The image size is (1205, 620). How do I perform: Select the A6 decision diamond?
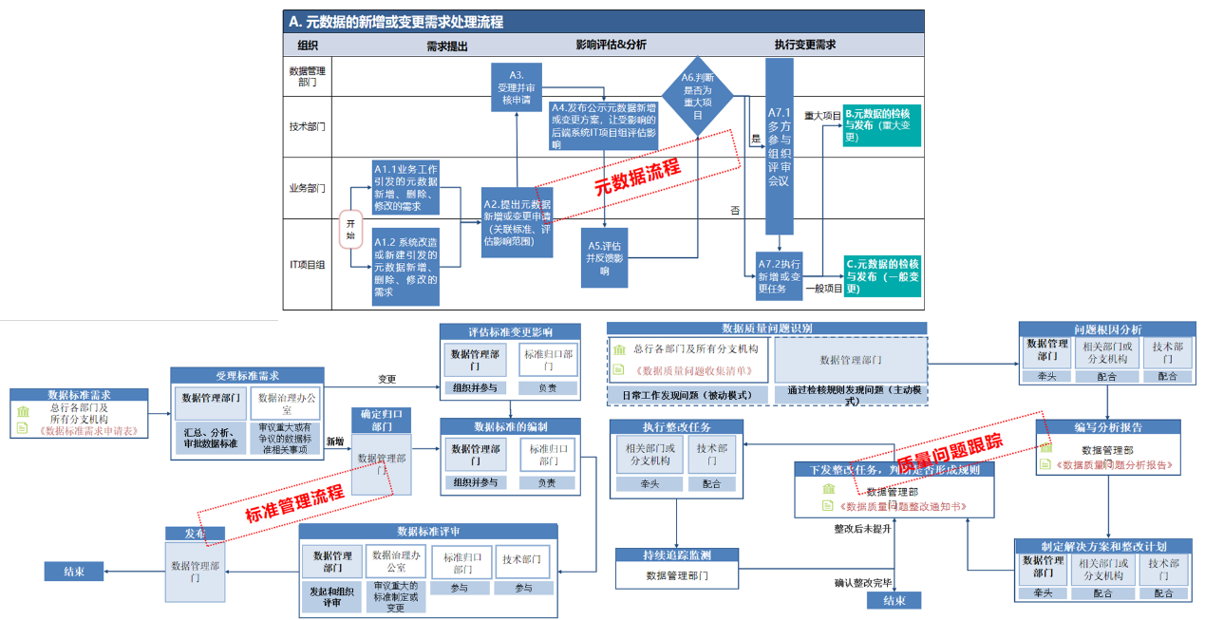tap(698, 95)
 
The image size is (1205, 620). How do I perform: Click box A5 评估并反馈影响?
tap(605, 257)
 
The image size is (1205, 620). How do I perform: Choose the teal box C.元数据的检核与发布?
tap(882, 275)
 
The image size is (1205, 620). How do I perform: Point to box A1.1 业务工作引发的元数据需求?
tap(405, 187)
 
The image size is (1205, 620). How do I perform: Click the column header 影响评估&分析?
tap(611, 45)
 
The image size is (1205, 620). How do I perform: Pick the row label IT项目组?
tap(307, 265)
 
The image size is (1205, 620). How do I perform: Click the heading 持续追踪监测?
tap(676, 555)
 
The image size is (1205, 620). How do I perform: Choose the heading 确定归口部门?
tap(382, 420)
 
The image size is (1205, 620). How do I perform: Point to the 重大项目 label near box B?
tap(822, 115)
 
